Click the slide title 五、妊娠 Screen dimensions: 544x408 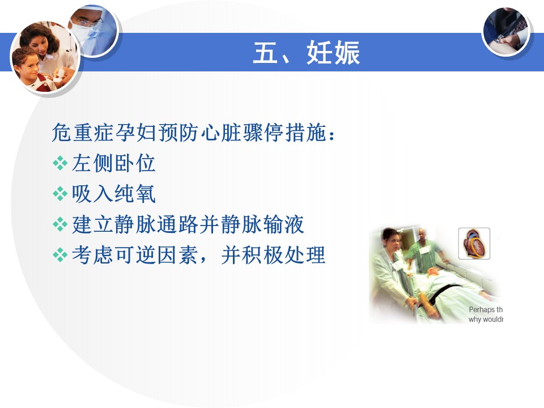(307, 53)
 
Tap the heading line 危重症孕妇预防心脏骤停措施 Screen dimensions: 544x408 (189, 132)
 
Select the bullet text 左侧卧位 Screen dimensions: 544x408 (113, 163)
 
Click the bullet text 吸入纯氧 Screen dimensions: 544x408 (113, 194)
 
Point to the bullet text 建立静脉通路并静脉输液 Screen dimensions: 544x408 (188, 224)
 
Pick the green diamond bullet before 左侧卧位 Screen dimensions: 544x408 (60, 163)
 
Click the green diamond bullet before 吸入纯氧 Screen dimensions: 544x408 (60, 194)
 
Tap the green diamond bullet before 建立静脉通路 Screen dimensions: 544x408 (60, 224)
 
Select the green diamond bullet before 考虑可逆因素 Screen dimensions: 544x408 (60, 255)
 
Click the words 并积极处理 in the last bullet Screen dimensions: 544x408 (273, 255)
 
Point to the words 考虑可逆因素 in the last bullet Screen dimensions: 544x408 (135, 255)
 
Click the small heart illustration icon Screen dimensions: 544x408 (474, 244)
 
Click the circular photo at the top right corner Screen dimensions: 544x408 (506, 31)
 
